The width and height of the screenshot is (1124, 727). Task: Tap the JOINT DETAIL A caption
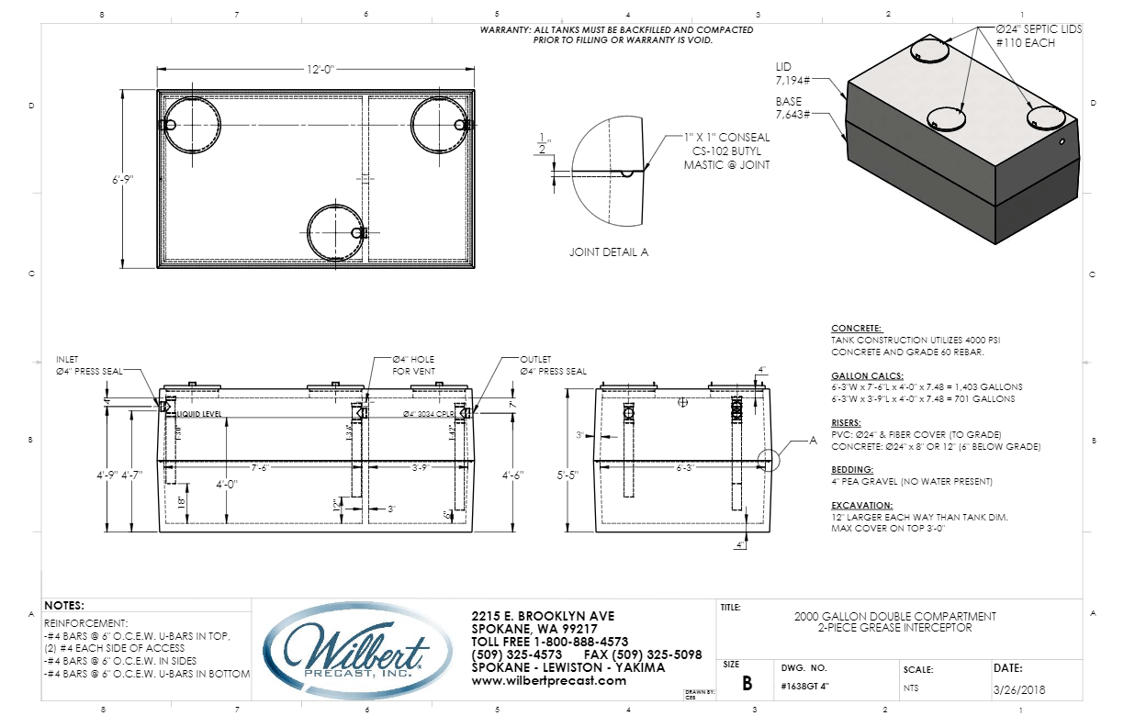pyautogui.click(x=608, y=252)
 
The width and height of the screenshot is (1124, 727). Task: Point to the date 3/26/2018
pyautogui.click(x=1019, y=689)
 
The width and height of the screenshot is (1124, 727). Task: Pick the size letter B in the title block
pyautogui.click(x=747, y=684)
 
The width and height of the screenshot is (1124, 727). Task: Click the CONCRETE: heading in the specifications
pyautogui.click(x=856, y=329)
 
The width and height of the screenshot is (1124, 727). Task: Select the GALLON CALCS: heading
pyautogui.click(x=867, y=376)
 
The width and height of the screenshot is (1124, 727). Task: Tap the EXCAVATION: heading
pyautogui.click(x=861, y=505)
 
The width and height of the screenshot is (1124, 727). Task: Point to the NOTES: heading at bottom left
pyautogui.click(x=63, y=606)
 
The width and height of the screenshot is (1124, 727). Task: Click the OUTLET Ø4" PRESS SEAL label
pyautogui.click(x=552, y=365)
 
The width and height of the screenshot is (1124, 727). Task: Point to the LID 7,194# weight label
pyautogui.click(x=788, y=73)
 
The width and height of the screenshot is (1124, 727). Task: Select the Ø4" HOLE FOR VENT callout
pyautogui.click(x=413, y=364)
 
